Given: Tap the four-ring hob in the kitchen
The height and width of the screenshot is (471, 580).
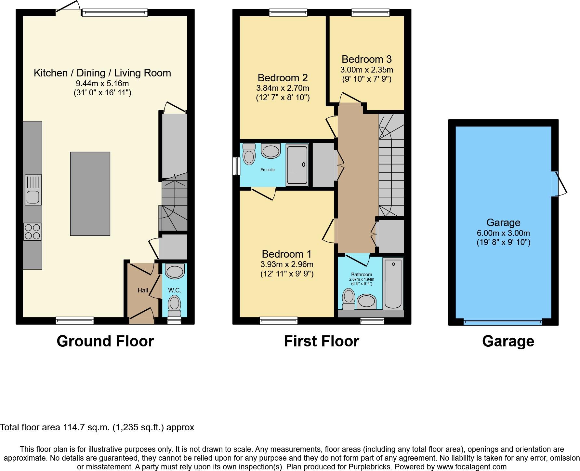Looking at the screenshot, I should (33, 232).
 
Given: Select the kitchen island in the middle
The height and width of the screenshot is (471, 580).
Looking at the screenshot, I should (90, 194).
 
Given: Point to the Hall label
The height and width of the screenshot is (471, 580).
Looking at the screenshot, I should (143, 290).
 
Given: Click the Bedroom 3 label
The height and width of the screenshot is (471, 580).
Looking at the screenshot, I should (366, 59).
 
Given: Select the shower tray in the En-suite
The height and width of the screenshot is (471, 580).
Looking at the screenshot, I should (297, 165).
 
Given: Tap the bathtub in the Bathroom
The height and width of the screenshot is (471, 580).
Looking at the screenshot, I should (393, 283).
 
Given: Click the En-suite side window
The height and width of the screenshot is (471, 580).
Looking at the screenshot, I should (236, 166).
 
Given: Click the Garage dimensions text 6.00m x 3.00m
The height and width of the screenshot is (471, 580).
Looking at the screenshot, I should (503, 233).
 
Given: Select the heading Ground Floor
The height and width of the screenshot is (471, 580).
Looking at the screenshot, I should (105, 341).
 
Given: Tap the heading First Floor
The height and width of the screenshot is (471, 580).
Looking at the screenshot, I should (321, 341).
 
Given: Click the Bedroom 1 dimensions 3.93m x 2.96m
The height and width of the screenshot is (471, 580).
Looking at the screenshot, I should (287, 264).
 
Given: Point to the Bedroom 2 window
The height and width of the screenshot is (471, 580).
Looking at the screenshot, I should (288, 13).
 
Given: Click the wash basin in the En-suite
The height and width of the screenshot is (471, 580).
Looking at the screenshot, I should (270, 151).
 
